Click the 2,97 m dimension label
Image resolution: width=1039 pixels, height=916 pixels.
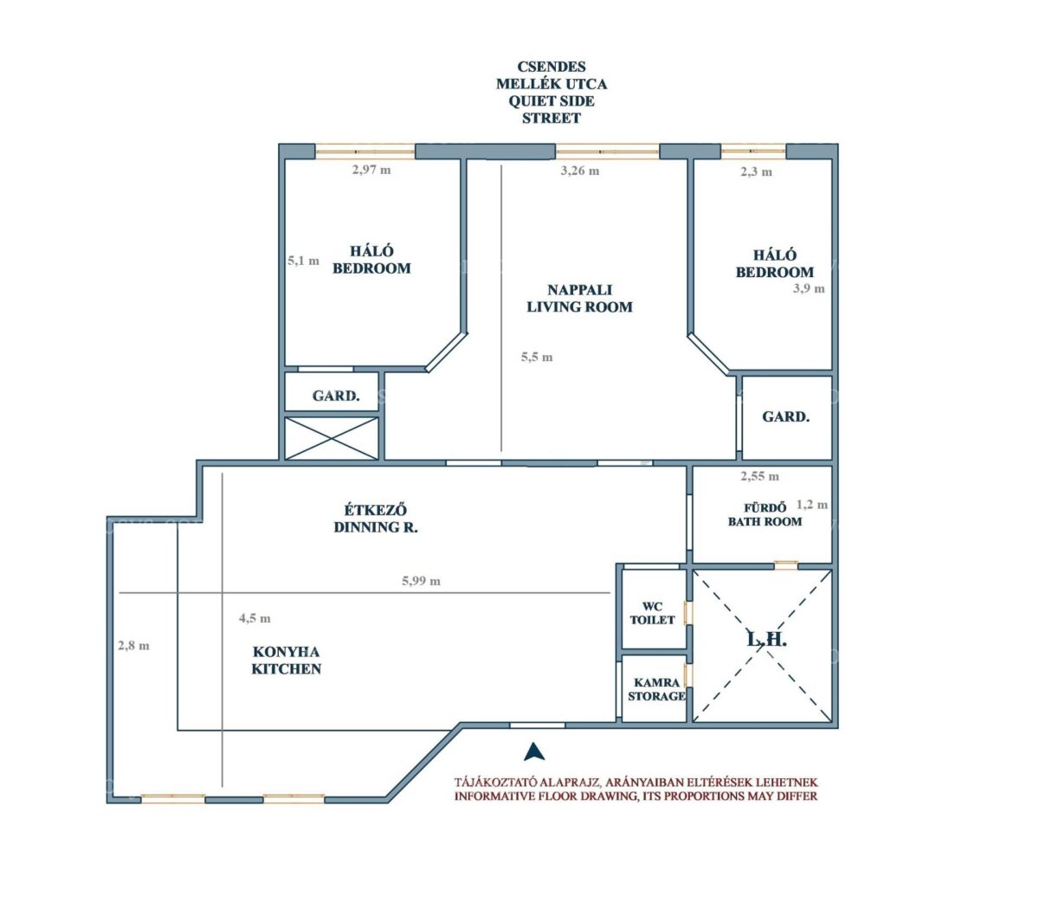click(x=371, y=170)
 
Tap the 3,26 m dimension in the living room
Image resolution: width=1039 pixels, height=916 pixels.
click(x=579, y=171)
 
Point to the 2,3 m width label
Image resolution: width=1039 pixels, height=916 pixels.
click(x=756, y=171)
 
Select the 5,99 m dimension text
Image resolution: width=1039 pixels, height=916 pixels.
click(x=421, y=581)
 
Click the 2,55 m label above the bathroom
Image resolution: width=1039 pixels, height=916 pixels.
click(x=759, y=476)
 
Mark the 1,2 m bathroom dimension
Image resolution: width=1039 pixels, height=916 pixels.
click(x=812, y=505)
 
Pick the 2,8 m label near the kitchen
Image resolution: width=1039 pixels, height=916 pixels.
click(x=133, y=646)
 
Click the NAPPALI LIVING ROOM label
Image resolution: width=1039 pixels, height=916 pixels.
click(x=579, y=299)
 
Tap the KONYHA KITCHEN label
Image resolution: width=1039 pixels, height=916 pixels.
click(x=287, y=661)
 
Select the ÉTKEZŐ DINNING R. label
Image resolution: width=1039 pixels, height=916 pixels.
click(x=376, y=519)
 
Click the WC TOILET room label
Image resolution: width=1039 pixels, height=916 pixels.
click(x=652, y=613)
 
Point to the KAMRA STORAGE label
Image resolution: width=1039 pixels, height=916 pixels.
click(x=656, y=689)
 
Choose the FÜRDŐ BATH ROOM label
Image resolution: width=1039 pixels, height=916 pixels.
click(x=765, y=515)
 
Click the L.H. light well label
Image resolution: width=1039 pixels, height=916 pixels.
click(x=766, y=640)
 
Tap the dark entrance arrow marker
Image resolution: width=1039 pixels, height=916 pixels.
click(x=534, y=752)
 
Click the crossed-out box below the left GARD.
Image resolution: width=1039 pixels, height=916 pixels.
click(x=332, y=438)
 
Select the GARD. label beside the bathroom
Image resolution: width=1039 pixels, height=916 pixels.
click(x=785, y=417)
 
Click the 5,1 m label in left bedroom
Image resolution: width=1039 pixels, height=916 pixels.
click(x=303, y=261)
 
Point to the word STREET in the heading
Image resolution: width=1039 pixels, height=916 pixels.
click(x=552, y=119)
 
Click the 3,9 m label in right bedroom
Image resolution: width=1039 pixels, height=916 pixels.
click(x=809, y=288)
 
